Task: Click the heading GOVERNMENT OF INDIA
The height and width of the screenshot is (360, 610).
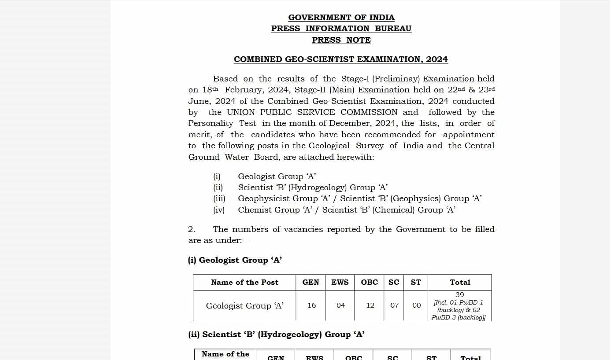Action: coord(341,18)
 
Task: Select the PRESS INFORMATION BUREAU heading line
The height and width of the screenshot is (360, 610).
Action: coord(341,29)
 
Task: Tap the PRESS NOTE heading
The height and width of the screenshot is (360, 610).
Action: coord(341,40)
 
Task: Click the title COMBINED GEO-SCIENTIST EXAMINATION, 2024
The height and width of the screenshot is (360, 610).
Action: coord(341,59)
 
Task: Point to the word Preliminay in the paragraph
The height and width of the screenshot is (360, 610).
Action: coord(397,79)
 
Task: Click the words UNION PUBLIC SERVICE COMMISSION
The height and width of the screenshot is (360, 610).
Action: coord(312,112)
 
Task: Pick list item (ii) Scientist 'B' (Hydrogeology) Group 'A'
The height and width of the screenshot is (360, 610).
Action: coord(313,187)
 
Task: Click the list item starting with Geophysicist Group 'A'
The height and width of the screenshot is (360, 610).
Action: coord(359,198)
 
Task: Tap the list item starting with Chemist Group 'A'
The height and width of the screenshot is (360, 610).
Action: coord(347,210)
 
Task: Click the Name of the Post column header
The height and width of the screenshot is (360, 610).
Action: coord(244,283)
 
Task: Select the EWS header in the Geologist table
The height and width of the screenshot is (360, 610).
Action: coord(340,283)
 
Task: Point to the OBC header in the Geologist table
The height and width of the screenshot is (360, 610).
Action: coord(370,283)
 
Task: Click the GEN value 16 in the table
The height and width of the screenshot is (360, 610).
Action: coord(311,305)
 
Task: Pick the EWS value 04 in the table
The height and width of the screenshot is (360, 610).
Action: coord(340,305)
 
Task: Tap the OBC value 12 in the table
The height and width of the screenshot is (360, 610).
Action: coord(370,305)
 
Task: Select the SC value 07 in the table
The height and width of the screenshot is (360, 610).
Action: coord(394,305)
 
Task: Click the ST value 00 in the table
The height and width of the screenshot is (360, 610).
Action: coord(416,305)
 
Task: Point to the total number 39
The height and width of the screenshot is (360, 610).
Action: coord(459,295)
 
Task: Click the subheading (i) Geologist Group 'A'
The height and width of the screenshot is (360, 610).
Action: coord(235,260)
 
